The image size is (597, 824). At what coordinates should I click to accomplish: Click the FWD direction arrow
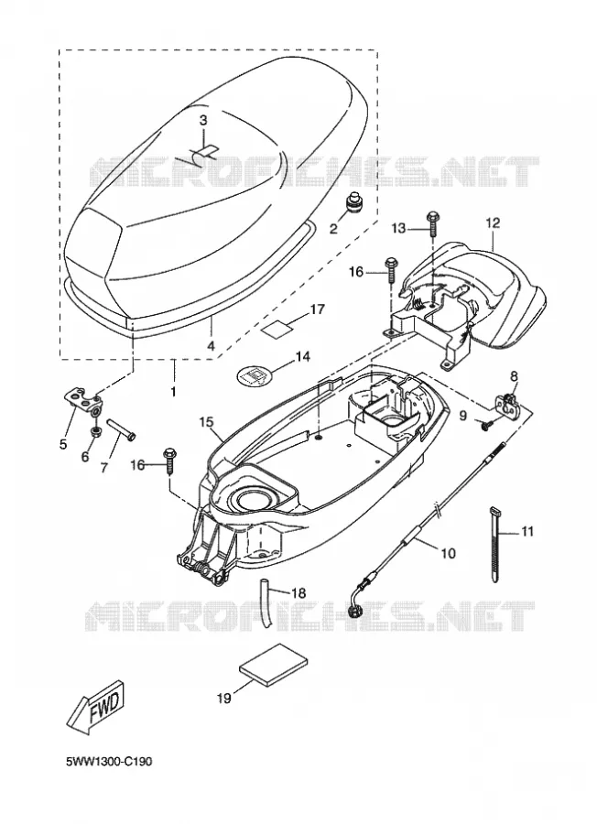point(95,707)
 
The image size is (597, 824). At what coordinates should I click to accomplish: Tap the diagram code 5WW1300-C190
point(109,762)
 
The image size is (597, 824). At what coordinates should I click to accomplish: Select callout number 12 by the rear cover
point(493,222)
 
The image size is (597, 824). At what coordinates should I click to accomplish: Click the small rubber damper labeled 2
point(354,204)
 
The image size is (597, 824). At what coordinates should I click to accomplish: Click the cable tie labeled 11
point(495,544)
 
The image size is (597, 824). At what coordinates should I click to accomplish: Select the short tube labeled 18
point(266,602)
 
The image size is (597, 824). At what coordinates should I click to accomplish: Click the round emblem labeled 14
point(255,375)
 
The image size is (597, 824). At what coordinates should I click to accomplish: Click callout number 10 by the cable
point(449,553)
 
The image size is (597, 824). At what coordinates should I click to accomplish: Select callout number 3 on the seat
point(203,120)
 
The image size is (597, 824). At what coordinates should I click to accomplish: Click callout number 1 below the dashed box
point(173,392)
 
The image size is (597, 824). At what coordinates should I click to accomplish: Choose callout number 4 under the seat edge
point(211,347)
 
